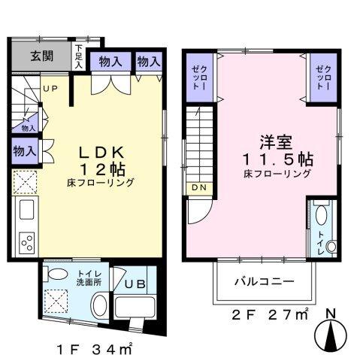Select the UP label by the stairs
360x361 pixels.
[x=50, y=89]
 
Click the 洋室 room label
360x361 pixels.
[x=276, y=141]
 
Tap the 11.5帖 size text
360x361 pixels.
[x=277, y=159]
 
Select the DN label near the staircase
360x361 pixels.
[x=198, y=187]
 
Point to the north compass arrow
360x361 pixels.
[x=331, y=328]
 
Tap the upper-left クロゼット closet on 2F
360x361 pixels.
[x=198, y=77]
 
